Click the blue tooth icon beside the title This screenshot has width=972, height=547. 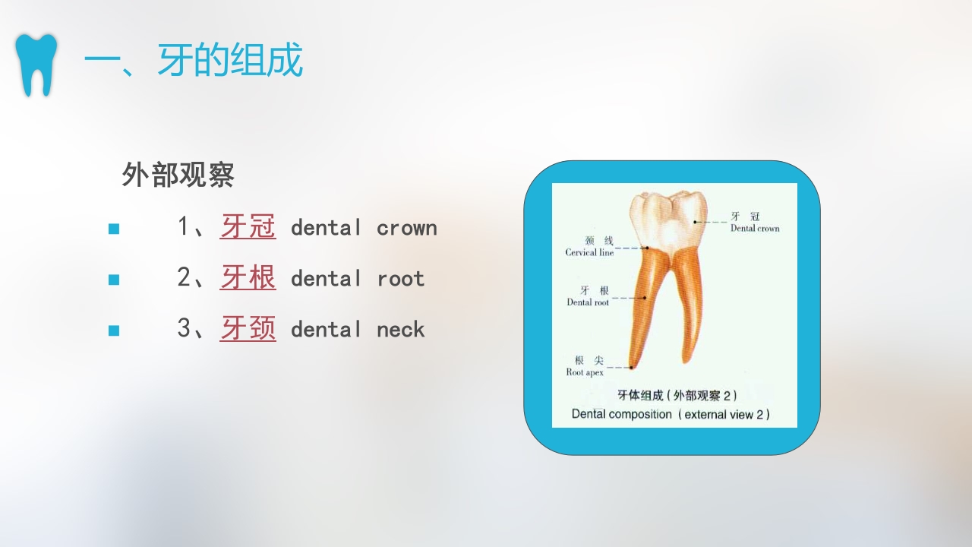point(36,65)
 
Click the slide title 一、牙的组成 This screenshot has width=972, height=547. point(193,61)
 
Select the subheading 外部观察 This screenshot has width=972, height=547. point(178,175)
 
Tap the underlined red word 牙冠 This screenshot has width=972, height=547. point(248,226)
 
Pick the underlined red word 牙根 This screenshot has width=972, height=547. point(248,277)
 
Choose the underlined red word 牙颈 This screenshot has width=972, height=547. point(248,328)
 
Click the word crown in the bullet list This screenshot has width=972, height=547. point(406,228)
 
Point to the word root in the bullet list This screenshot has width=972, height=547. point(400,279)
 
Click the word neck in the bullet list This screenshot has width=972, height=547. point(400,330)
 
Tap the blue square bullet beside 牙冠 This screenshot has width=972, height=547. point(114,228)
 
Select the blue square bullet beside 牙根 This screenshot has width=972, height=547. point(114,279)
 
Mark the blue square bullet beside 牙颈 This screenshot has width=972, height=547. point(114,330)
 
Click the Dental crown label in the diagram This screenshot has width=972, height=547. point(755,228)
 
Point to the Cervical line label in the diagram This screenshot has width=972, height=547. point(589,252)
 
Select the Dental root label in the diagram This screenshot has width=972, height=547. point(588,302)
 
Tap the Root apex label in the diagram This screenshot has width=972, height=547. point(585,372)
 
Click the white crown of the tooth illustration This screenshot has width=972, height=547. point(668,220)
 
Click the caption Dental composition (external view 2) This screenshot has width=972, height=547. point(671,414)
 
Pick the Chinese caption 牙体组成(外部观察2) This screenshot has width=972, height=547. point(677,395)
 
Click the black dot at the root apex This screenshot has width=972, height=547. point(630,368)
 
